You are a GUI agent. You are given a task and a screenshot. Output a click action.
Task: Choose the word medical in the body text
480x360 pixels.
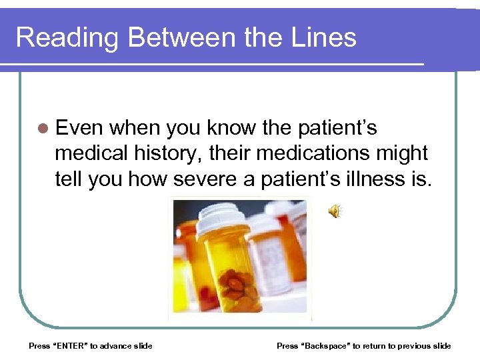(91, 153)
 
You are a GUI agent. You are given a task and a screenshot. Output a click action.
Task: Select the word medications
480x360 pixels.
(312, 153)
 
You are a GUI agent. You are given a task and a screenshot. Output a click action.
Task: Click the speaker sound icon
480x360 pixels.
(334, 211)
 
